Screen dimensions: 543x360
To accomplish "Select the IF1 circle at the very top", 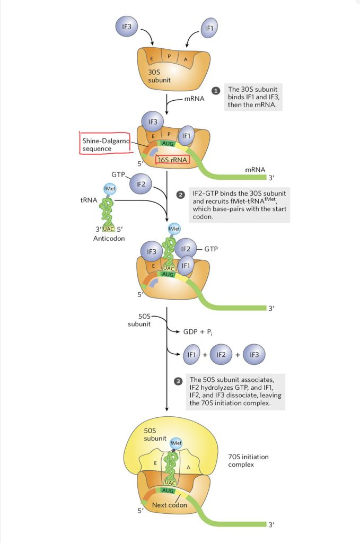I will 209,26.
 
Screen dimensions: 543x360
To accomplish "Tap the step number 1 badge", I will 216,91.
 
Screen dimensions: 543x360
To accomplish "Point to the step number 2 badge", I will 180,195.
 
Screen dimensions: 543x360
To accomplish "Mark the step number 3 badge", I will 178,381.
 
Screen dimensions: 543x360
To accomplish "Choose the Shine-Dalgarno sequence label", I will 104,145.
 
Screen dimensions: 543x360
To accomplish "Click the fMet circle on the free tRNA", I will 111,188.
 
